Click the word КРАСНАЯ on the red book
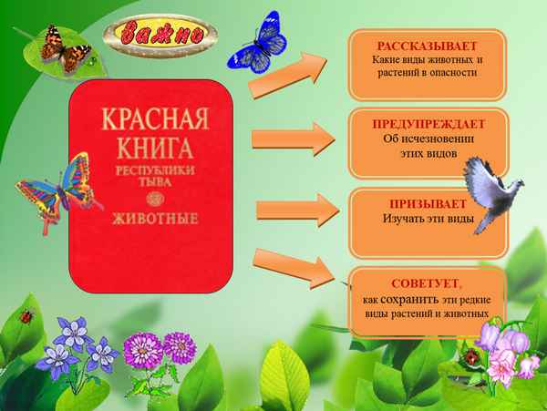(151, 122)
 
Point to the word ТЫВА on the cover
(152, 182)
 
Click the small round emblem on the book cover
(152, 199)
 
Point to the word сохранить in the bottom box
(410, 300)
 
